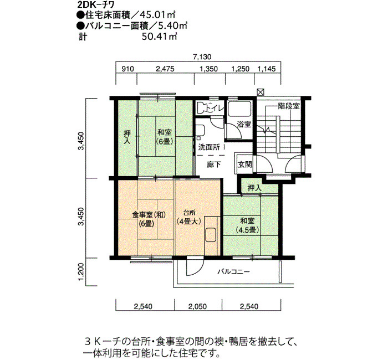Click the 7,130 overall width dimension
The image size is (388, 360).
click(x=202, y=57)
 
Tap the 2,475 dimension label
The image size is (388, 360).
click(x=165, y=69)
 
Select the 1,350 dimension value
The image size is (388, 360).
click(x=208, y=69)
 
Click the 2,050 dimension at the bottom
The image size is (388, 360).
click(x=197, y=307)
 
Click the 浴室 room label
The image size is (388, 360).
click(x=244, y=124)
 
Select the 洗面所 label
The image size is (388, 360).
click(x=209, y=147)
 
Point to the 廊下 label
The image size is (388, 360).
click(x=213, y=164)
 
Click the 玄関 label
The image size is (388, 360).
click(x=245, y=164)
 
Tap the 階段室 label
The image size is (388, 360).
click(x=289, y=106)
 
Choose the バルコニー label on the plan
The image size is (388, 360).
click(x=233, y=272)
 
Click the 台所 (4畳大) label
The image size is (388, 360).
click(x=190, y=217)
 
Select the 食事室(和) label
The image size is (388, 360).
click(x=149, y=215)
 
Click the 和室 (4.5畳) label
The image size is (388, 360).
click(x=247, y=225)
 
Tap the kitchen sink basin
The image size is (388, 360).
click(x=211, y=234)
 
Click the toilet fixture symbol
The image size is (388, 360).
click(x=202, y=108)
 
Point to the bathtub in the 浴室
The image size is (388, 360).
click(x=239, y=109)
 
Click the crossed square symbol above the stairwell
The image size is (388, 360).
click(x=260, y=92)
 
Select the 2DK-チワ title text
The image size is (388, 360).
click(x=96, y=6)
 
